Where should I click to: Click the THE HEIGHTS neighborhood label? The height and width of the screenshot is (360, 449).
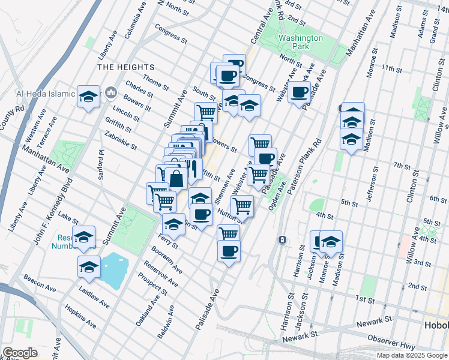(x=126, y=68)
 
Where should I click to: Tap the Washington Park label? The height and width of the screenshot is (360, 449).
(x=300, y=42)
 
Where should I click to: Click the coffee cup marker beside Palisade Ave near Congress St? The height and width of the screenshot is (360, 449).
(x=299, y=92)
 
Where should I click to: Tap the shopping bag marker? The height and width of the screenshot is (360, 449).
(x=176, y=178)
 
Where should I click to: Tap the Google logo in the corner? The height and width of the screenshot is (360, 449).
(x=19, y=353)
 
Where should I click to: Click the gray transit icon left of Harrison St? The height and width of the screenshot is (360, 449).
(x=282, y=240)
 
